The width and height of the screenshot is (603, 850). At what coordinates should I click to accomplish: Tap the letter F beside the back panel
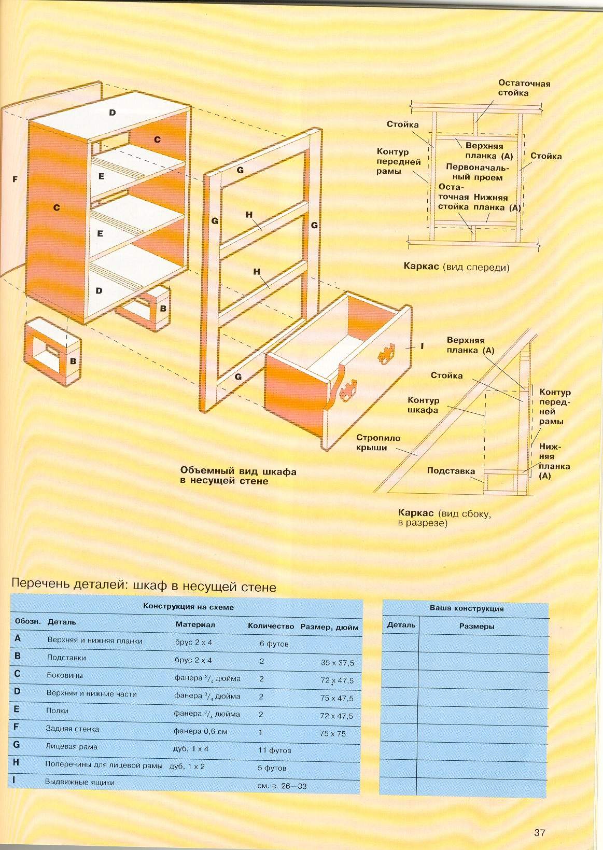(15, 179)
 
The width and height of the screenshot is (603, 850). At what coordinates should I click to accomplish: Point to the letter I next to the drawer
(422, 346)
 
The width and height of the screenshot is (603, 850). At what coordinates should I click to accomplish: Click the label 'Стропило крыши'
(378, 442)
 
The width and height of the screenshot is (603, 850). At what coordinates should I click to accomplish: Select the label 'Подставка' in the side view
(451, 471)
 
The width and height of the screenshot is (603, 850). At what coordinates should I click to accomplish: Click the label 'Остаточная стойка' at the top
(524, 88)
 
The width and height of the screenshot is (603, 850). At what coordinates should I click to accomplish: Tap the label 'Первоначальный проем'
(478, 172)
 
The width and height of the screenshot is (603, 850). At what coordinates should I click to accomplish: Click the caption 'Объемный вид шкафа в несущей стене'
(238, 476)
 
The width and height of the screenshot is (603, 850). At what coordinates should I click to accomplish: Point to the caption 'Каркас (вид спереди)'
(456, 267)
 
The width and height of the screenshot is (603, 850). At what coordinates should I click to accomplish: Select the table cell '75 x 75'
(332, 733)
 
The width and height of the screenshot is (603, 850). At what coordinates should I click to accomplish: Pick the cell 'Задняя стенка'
(72, 729)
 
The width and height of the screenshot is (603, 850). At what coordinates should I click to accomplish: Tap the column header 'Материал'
(195, 624)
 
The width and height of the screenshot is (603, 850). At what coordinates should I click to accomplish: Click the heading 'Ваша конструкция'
(467, 608)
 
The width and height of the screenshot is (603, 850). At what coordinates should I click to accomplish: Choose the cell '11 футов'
(274, 750)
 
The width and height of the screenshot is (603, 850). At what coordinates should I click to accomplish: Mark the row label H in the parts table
(16, 762)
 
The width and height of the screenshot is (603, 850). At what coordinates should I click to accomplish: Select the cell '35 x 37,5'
(338, 663)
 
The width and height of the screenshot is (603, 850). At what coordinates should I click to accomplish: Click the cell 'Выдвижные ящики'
(80, 782)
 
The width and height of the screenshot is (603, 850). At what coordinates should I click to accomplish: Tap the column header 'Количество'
(271, 626)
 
